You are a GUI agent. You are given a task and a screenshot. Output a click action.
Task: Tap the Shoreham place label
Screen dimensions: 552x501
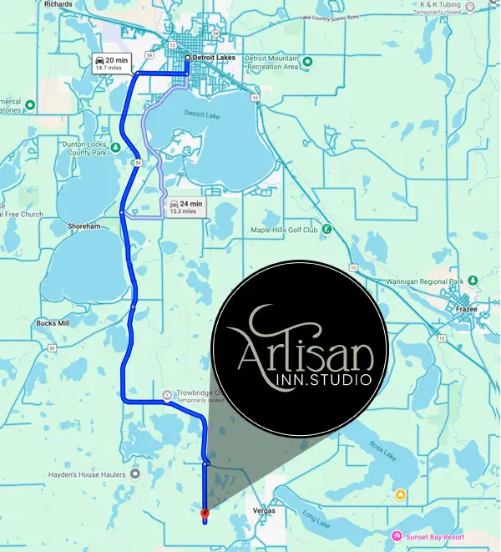tap(84, 225)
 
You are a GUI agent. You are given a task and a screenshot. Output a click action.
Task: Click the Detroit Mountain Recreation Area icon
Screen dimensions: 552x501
tap(306, 61)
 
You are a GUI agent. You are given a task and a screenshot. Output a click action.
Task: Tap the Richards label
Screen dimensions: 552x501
tap(58, 4)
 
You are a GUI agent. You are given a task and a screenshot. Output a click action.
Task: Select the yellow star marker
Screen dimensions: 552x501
tap(401, 495)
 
